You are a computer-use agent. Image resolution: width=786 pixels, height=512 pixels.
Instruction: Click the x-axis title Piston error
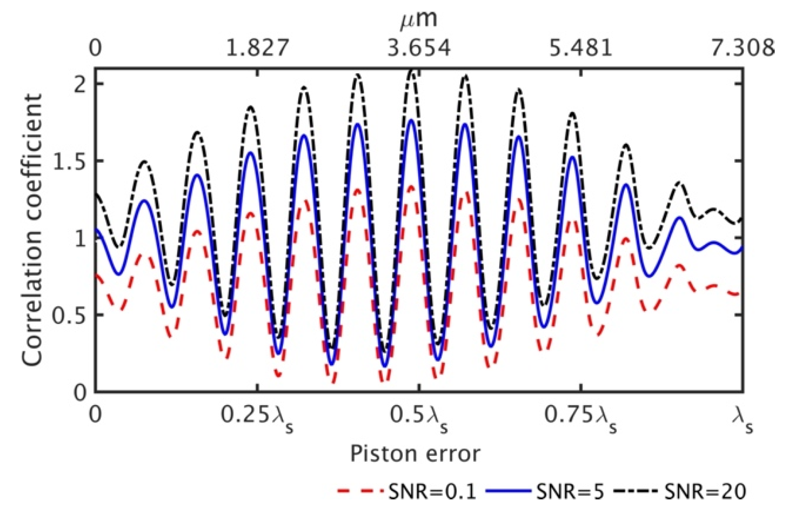point(415,454)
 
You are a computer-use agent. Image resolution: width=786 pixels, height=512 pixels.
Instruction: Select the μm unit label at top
point(418,20)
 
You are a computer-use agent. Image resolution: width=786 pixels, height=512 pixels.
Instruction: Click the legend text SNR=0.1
point(432,492)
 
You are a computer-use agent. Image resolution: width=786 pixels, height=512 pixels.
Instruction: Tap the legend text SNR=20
point(704,492)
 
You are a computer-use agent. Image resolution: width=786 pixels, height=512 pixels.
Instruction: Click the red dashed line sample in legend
point(360,492)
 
